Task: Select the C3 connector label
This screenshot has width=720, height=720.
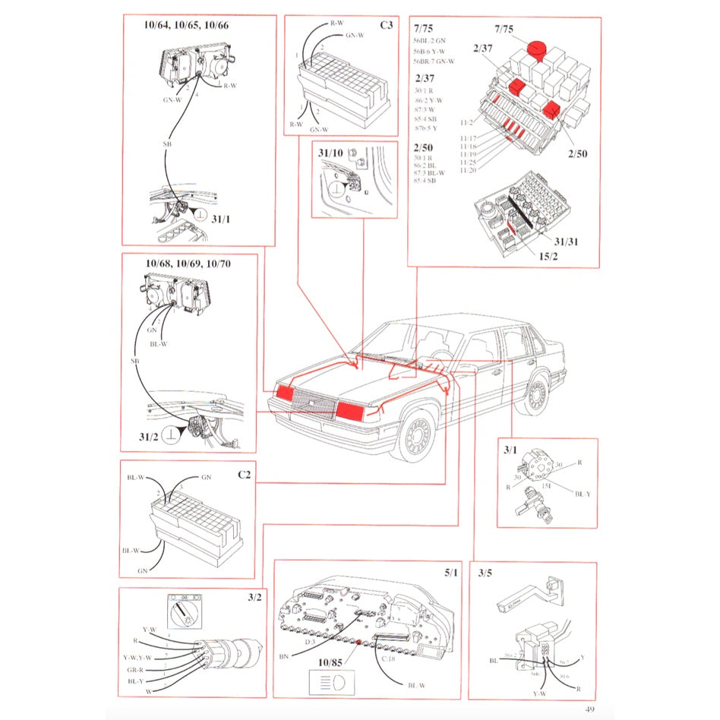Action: (x=387, y=25)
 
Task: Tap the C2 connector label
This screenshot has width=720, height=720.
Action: (x=244, y=475)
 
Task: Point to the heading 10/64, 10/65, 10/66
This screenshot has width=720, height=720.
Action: (x=186, y=24)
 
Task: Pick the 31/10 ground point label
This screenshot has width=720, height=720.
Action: (x=330, y=153)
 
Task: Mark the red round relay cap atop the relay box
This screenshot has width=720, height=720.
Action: (x=538, y=48)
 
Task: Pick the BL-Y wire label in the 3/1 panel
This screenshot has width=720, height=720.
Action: (x=583, y=494)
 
